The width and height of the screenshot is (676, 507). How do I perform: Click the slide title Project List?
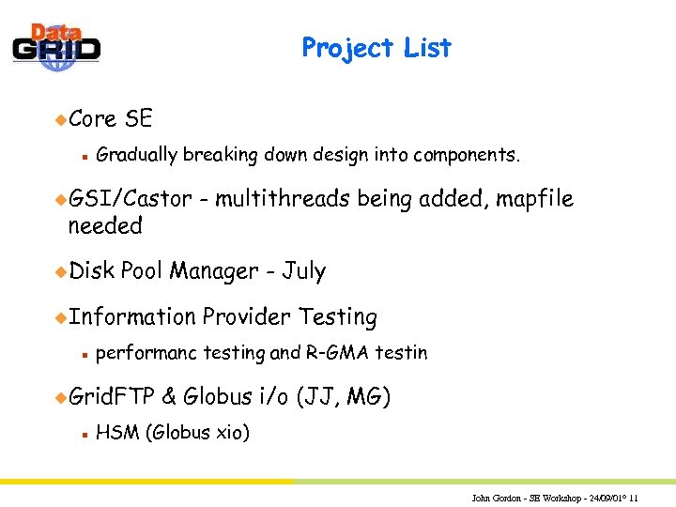[x=376, y=48]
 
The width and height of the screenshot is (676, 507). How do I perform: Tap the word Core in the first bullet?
[x=92, y=119]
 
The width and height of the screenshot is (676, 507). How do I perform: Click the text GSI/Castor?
[x=130, y=198]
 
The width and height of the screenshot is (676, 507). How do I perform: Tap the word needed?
[x=105, y=226]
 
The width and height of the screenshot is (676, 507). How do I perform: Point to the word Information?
[x=132, y=317]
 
